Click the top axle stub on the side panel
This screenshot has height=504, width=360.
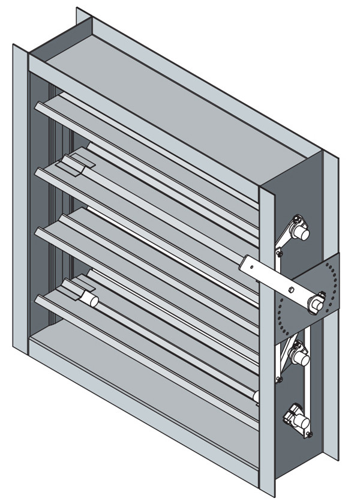[302, 233]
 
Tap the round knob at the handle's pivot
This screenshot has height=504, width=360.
[315, 304]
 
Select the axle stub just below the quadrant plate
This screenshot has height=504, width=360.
[299, 359]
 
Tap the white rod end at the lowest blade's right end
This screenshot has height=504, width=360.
[256, 397]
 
